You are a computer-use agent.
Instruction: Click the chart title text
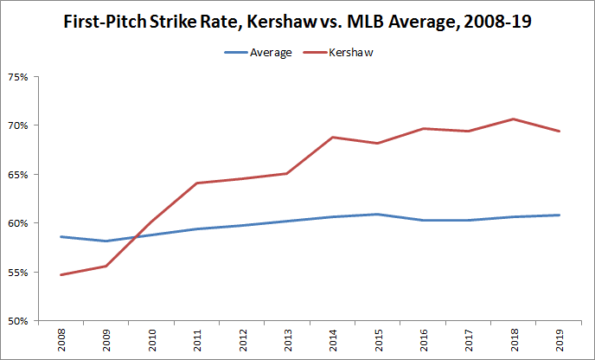tap(297, 22)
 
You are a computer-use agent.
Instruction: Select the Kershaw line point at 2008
tap(60, 275)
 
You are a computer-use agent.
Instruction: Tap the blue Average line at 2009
tap(106, 241)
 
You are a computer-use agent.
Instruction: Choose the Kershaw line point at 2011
tap(197, 183)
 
